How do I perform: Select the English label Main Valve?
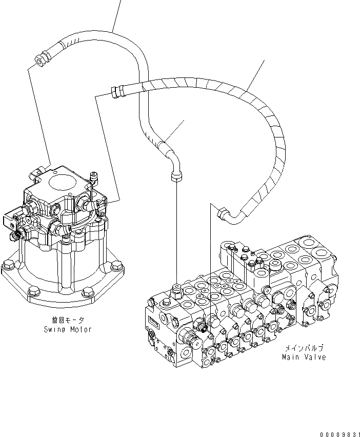(304, 357)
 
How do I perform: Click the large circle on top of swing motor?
(62, 181)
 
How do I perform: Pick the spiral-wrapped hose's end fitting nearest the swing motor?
(115, 92)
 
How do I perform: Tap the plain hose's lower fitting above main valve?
(175, 177)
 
